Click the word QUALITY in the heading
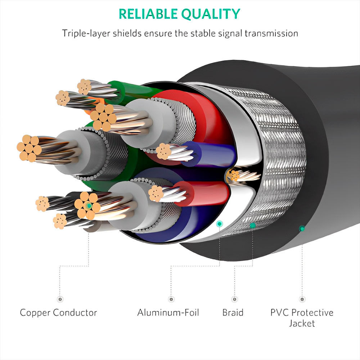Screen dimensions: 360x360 coord(210,14)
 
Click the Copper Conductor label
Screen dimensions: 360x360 coord(58,312)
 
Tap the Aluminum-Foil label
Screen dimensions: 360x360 coord(168,312)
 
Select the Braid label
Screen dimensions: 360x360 coord(233,312)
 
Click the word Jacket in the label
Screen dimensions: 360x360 coord(302,323)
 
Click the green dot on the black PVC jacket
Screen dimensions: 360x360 coord(302,228)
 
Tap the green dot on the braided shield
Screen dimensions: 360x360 coord(253,225)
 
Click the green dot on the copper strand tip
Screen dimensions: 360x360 coord(88,206)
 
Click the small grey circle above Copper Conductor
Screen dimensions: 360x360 coord(60,299)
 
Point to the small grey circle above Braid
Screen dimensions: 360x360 coord(235,299)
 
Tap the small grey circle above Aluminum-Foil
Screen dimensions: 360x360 coord(171,299)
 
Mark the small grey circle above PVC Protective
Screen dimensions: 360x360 coord(302,299)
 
